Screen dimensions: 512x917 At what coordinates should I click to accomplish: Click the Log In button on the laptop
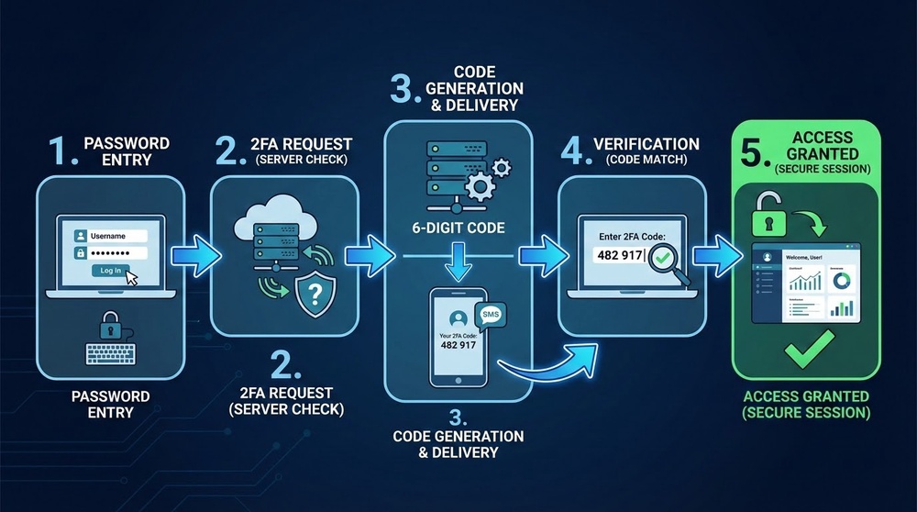click(x=110, y=270)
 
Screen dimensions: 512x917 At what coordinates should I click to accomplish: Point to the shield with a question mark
click(x=312, y=295)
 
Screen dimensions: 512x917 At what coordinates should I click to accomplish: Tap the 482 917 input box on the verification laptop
click(x=621, y=254)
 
